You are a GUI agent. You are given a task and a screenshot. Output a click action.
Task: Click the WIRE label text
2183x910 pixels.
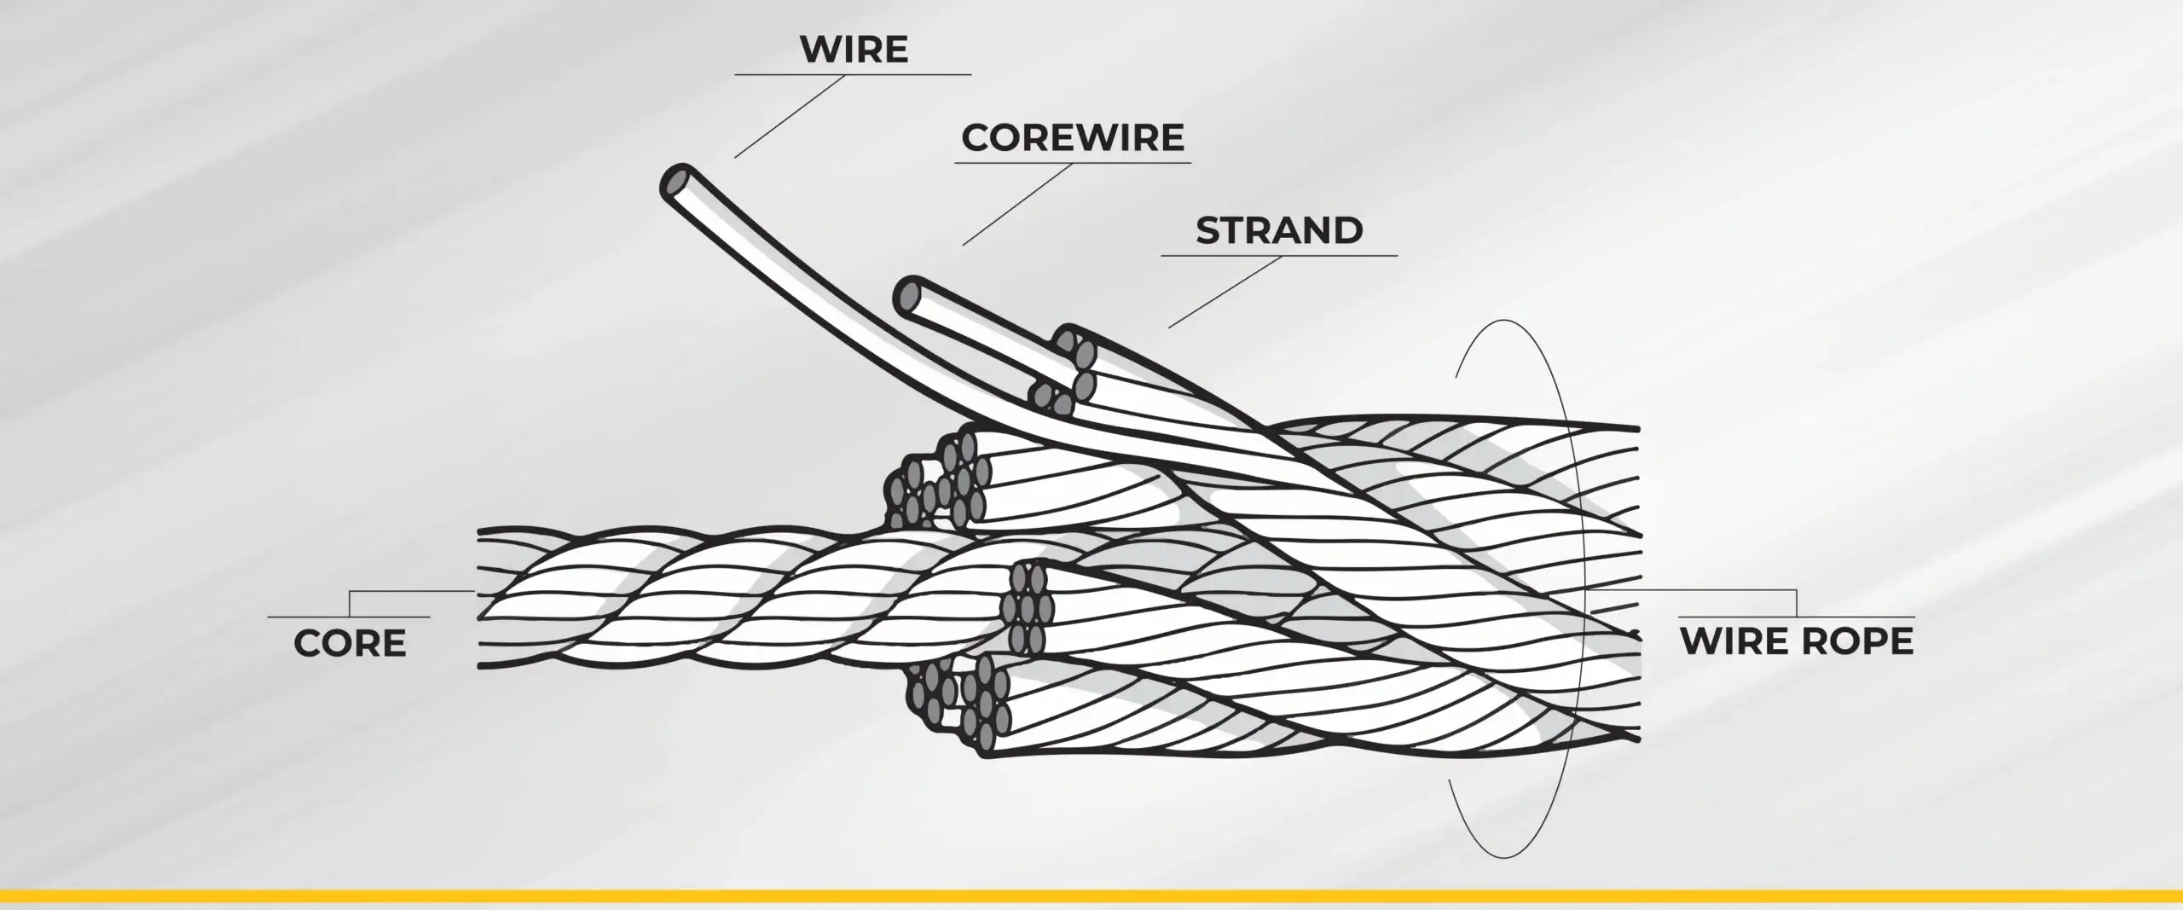coord(854,49)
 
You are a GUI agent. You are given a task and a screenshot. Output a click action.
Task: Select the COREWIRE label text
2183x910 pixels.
coord(1073,138)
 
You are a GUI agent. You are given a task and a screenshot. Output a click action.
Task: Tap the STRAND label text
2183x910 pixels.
coord(1279,230)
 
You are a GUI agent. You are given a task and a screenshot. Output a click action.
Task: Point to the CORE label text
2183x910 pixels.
coord(350,644)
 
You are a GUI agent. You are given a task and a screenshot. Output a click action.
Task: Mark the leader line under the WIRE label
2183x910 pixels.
coord(789,116)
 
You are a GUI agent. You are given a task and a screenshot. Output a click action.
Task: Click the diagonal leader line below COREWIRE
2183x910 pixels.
coord(1016,205)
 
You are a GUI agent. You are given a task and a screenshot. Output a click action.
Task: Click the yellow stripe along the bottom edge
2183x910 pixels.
coord(1091,896)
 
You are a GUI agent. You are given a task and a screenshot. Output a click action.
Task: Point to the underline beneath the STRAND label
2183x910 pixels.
coord(1279,255)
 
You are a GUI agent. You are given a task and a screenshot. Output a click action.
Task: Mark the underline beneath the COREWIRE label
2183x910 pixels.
coord(1073,163)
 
